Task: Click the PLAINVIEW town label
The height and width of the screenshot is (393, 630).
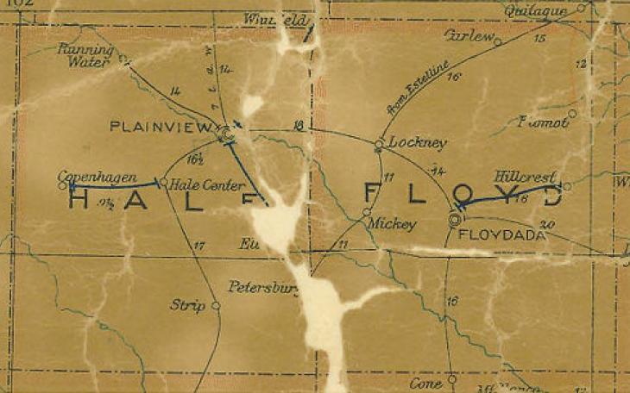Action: pyautogui.click(x=161, y=128)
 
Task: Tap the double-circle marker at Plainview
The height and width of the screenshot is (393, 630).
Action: pyautogui.click(x=226, y=134)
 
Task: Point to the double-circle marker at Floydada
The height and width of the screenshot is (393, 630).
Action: pyautogui.click(x=455, y=221)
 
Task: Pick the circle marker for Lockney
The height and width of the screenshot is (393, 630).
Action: pyautogui.click(x=378, y=145)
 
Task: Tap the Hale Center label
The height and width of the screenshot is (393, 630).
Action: pyautogui.click(x=198, y=183)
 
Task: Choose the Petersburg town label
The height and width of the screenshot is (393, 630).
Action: pyautogui.click(x=263, y=285)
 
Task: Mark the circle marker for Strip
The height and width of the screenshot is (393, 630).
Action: pyautogui.click(x=216, y=305)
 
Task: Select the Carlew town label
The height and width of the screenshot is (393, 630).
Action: pyautogui.click(x=468, y=37)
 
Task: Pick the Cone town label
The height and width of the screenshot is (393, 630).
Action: pyautogui.click(x=425, y=382)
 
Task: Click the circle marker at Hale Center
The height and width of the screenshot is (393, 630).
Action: pyautogui.click(x=164, y=182)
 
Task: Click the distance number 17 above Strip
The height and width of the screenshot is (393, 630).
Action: pyautogui.click(x=200, y=247)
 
